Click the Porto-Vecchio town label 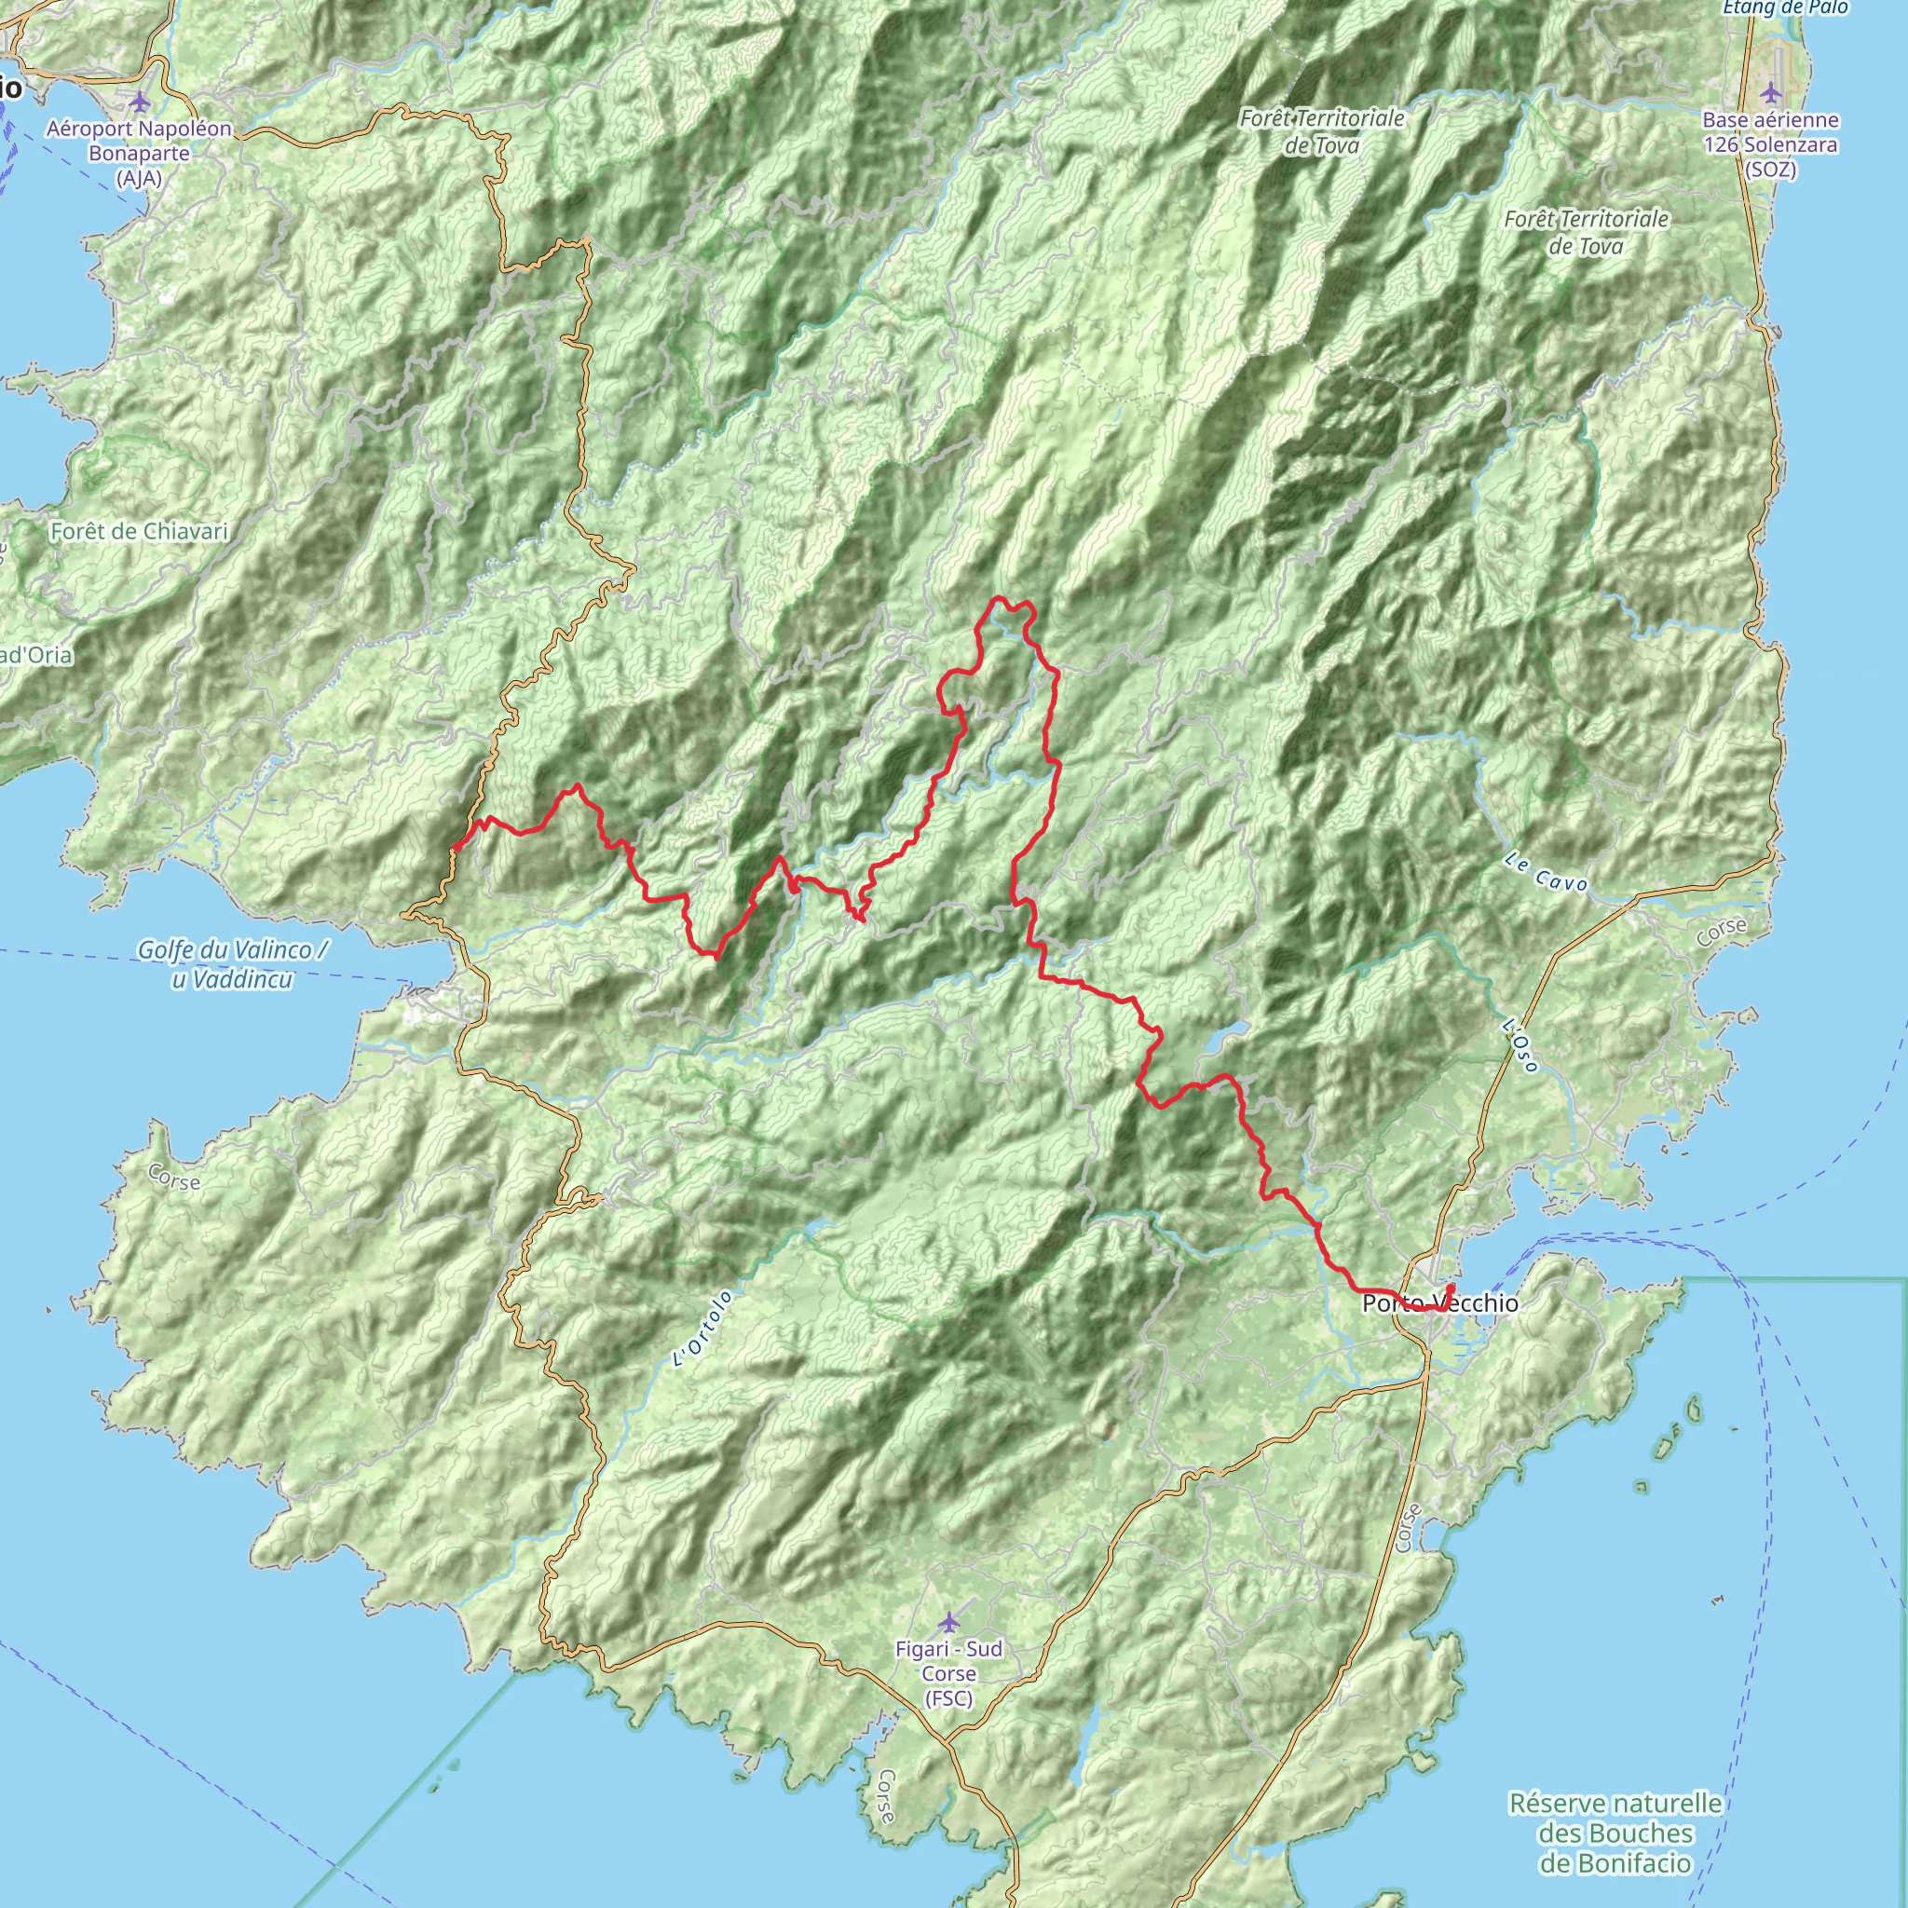1440,1303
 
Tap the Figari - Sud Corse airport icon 949,1622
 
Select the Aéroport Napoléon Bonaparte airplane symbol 139,101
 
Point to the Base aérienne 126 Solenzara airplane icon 1771,93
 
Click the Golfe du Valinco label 233,964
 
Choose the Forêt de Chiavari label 138,531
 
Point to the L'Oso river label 1520,1046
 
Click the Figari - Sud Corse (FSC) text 949,1673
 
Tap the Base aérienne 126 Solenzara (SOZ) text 1771,144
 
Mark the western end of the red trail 456,848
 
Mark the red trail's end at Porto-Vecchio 1451,1287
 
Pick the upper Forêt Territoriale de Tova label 1322,131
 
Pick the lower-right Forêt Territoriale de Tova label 1586,232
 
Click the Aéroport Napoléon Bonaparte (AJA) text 139,153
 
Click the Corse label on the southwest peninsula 174,1178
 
